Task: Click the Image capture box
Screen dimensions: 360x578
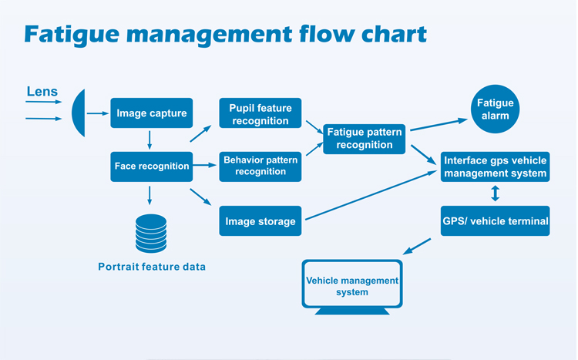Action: [x=151, y=113]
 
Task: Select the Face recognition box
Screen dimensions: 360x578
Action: [x=151, y=166]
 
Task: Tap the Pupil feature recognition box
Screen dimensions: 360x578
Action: [x=260, y=113]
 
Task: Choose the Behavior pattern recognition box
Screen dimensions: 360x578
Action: [x=260, y=166]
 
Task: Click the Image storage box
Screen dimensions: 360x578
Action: [x=260, y=221]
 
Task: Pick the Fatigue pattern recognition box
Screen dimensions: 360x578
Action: [x=365, y=138]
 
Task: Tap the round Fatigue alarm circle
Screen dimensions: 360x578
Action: [x=495, y=109]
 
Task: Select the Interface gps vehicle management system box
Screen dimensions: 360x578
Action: [x=495, y=167]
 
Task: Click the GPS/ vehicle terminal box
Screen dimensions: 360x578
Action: [x=495, y=221]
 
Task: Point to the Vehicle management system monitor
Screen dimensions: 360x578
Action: [x=352, y=283]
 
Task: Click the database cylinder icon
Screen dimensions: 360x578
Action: [x=151, y=234]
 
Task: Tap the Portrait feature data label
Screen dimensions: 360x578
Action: [x=152, y=267]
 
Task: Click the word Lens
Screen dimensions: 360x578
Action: [x=42, y=92]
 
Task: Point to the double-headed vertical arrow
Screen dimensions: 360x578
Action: [x=495, y=193]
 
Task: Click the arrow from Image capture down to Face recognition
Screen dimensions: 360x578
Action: [x=150, y=140]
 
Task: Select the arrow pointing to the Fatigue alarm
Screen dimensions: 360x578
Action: [x=439, y=124]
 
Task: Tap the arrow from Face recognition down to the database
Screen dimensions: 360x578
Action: [x=150, y=196]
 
